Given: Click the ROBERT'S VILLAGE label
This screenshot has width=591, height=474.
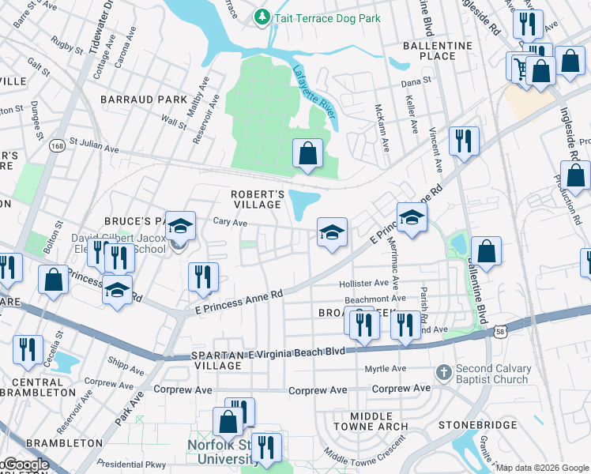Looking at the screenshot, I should point(257,199).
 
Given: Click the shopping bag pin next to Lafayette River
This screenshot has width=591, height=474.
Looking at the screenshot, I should point(307,153).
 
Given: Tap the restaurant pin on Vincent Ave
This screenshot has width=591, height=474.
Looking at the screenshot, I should point(463,141).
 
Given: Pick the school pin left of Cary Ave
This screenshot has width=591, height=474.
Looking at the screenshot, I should point(180,227).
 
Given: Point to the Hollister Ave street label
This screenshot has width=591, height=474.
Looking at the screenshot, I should point(363,283).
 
